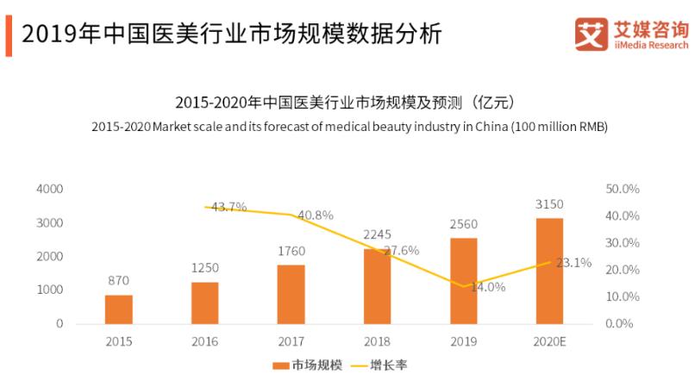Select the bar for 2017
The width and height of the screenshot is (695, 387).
point(291,294)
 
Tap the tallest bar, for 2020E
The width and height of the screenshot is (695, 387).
point(549,271)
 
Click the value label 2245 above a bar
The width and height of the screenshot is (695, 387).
point(377,234)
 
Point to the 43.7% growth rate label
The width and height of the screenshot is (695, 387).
point(229,207)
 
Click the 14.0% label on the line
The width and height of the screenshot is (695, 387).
point(488,287)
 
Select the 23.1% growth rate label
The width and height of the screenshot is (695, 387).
point(573,263)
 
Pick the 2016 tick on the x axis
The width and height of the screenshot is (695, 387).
point(204,341)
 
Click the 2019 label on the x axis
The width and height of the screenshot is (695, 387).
point(463,341)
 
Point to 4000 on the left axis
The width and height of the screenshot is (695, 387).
point(48,189)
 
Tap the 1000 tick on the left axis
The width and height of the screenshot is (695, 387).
point(48,290)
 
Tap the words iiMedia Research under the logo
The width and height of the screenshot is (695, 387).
point(651,45)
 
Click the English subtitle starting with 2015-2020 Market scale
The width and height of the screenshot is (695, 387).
point(349,127)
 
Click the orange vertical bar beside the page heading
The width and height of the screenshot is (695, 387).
point(8,34)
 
